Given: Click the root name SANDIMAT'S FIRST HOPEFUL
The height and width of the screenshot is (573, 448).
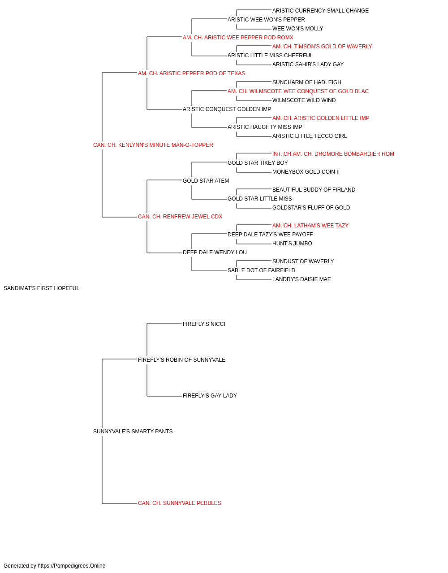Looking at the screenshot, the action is click(41, 288).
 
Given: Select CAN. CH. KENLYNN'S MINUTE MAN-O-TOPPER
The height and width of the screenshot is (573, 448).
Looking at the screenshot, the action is click(153, 145).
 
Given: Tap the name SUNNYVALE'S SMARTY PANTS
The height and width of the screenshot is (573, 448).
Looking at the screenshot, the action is click(133, 432).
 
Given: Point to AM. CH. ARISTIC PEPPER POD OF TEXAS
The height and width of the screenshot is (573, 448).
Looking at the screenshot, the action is click(191, 73).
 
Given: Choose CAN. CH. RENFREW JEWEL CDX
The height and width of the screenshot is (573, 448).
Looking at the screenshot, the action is click(180, 217).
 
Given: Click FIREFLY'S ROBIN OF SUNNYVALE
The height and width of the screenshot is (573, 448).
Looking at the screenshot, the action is click(181, 360).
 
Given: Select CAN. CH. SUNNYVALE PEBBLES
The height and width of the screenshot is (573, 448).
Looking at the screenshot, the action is click(179, 503).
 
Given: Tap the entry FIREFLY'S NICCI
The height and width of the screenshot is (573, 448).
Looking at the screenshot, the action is click(204, 324).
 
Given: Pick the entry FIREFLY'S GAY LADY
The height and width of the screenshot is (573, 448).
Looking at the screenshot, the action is click(210, 396).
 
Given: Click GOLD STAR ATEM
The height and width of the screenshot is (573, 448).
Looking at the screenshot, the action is click(206, 181).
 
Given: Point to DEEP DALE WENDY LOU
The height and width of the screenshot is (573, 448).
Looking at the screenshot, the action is click(215, 252).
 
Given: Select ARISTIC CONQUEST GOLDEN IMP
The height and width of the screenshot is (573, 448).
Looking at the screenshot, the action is click(227, 109).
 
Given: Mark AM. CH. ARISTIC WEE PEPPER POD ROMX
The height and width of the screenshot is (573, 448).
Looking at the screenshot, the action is click(238, 38).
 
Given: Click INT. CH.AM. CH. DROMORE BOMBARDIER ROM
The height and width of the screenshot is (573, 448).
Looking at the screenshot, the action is click(333, 154).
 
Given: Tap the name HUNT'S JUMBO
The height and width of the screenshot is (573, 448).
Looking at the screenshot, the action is click(292, 244).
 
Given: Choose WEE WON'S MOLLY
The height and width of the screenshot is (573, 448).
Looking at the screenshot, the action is click(297, 29).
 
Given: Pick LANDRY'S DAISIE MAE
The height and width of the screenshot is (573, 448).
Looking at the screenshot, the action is click(302, 279).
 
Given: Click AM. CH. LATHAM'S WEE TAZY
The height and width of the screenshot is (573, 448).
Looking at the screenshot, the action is click(310, 226).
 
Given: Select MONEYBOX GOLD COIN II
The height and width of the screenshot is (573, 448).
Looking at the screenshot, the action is click(306, 172).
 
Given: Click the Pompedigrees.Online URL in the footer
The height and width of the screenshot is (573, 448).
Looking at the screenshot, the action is click(71, 566).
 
